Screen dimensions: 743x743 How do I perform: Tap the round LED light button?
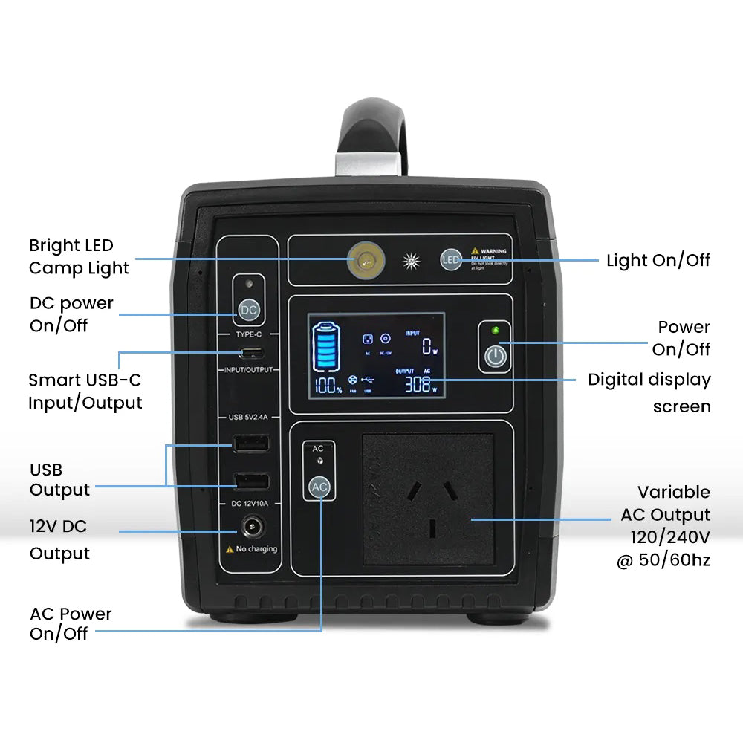[451, 259]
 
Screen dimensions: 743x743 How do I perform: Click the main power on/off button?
[496, 357]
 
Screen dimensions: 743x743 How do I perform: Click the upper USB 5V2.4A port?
[252, 444]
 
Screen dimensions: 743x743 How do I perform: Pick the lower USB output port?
[252, 480]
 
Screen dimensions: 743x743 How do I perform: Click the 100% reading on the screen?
[328, 386]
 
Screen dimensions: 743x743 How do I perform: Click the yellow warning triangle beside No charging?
[230, 550]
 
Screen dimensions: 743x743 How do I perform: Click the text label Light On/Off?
[658, 260]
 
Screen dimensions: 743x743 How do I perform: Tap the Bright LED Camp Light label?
[79, 256]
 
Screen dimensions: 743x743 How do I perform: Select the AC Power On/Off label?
[71, 623]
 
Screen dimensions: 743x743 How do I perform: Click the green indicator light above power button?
[496, 330]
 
